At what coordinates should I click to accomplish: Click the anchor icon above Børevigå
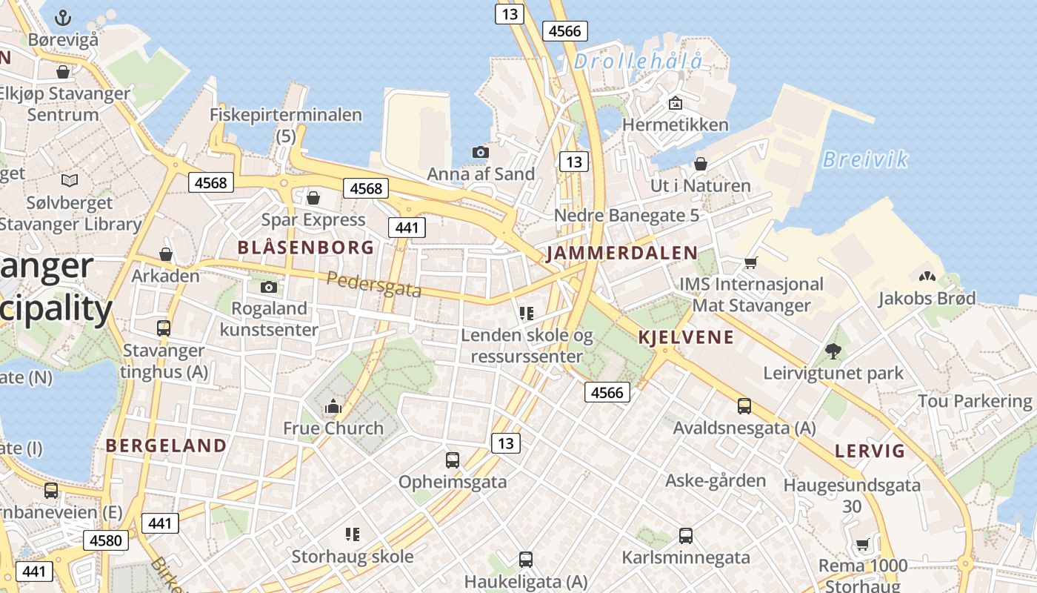[64, 17]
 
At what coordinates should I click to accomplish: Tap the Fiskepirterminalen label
[286, 116]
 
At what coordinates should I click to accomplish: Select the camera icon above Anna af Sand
[481, 152]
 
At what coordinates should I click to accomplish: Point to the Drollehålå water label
[638, 62]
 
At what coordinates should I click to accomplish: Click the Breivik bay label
[865, 159]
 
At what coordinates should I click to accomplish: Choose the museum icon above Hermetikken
[675, 103]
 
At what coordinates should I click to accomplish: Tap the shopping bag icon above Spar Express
[313, 198]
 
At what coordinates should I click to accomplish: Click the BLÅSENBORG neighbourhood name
[306, 248]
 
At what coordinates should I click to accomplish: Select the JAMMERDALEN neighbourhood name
[621, 254]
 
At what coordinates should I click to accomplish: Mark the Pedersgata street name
[374, 285]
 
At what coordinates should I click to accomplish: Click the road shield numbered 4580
[105, 540]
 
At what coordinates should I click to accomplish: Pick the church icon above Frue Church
[333, 406]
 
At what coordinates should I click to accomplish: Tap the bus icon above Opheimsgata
[453, 460]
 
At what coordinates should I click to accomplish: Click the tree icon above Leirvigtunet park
[833, 351]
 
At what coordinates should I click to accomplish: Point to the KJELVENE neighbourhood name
[686, 338]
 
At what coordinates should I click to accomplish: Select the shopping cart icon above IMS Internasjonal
[751, 262]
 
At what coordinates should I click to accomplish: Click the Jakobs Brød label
[927, 298]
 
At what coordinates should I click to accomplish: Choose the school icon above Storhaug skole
[353, 534]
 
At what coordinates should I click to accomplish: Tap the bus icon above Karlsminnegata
[686, 535]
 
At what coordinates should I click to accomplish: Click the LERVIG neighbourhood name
[870, 451]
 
